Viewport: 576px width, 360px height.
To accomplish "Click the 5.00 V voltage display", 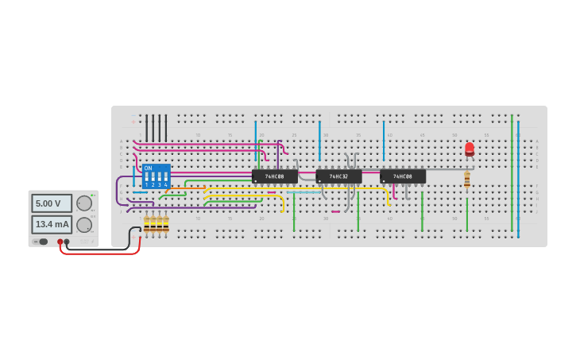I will coord(52,203).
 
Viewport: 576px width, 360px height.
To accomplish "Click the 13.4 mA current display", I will coord(52,224).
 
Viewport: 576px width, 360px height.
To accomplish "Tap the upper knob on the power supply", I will coord(84,203).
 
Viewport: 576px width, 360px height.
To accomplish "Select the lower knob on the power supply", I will coord(84,224).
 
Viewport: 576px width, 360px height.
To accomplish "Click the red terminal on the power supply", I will coord(60,242).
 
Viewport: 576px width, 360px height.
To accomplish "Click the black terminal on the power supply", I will coord(67,242).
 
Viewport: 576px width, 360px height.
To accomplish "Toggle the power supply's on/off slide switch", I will coord(43,242).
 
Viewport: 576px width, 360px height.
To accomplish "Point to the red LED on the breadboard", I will coord(470,149).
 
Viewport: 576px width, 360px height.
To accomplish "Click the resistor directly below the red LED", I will coord(467,180).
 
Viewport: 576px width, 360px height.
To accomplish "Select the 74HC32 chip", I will coord(339,176).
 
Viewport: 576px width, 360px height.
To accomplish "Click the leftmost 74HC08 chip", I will coord(275,176).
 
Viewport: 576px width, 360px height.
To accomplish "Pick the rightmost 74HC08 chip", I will coord(403,176).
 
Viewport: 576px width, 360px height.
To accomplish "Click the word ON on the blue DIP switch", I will coord(148,168).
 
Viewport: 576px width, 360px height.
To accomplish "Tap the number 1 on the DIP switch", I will coord(146,185).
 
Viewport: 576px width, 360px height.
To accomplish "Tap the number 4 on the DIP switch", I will coord(165,185).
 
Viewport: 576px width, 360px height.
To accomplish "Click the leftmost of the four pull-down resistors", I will coord(146,224).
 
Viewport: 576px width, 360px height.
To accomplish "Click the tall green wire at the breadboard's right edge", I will coord(512,175).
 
